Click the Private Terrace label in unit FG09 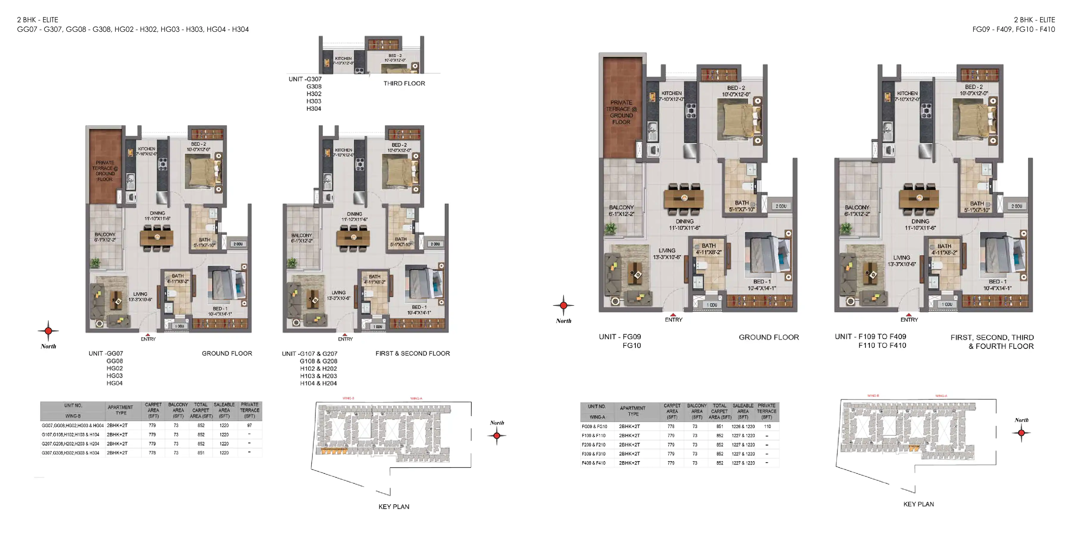click(x=621, y=112)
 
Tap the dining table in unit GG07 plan click(x=157, y=238)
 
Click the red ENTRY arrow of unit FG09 click(x=673, y=315)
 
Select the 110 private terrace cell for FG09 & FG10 click(x=767, y=426)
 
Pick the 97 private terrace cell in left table click(x=249, y=425)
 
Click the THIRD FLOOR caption click(x=404, y=83)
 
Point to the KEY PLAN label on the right click(x=918, y=504)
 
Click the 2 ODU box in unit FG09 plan click(x=781, y=206)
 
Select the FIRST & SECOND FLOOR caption click(x=412, y=353)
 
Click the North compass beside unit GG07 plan click(x=48, y=331)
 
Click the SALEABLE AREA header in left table click(x=224, y=410)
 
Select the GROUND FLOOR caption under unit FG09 click(x=769, y=337)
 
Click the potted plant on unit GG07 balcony click(x=96, y=262)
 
